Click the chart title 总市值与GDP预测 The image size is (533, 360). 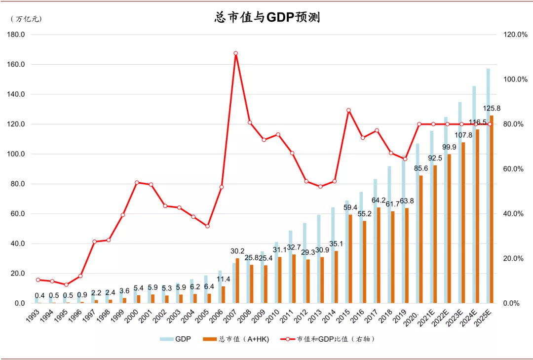(x=267, y=17)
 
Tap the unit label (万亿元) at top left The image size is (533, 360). (x=26, y=19)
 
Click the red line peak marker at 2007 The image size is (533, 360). (x=235, y=53)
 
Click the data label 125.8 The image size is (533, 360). (x=492, y=108)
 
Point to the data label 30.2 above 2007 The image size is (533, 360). (x=237, y=251)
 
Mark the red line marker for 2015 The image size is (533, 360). (x=348, y=111)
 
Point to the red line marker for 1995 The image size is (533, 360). (x=66, y=284)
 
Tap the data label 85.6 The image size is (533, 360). (x=421, y=168)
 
